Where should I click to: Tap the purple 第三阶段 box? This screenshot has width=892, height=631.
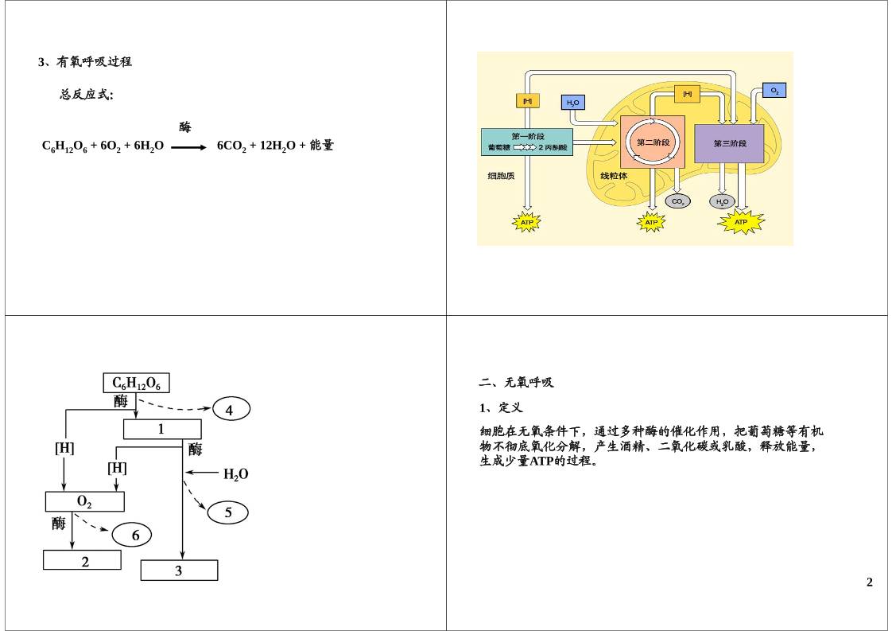coord(729,143)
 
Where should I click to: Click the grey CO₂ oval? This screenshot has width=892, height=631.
coord(677,202)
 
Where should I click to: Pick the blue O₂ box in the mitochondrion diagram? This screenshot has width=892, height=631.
coord(774,91)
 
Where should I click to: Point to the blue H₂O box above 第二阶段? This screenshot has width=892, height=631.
coord(572,103)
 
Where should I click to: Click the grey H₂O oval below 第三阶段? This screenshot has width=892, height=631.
coord(722,202)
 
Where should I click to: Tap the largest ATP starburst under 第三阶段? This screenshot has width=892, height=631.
coord(740,223)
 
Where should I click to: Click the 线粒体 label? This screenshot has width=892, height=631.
coord(614,176)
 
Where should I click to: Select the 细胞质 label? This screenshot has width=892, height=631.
coord(501,176)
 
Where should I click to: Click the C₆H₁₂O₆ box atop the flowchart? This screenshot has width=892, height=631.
coord(137,384)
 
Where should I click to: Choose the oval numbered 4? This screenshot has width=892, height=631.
coord(230,410)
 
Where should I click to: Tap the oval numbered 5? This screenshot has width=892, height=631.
coord(228,512)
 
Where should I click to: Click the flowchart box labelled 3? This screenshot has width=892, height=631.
coord(179,571)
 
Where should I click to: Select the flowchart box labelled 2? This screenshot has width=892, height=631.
coord(82,560)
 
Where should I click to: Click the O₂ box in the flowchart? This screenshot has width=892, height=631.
coord(84,501)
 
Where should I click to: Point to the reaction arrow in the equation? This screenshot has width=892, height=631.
coord(188,147)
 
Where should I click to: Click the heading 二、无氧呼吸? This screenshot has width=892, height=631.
coord(516,383)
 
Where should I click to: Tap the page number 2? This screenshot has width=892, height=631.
coord(869,582)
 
